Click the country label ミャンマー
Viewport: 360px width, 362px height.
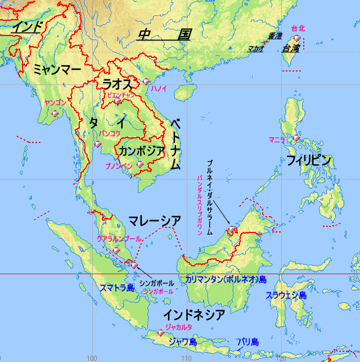click(57, 69)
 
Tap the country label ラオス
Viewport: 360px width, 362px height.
click(117, 84)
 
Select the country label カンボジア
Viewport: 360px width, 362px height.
click(142, 150)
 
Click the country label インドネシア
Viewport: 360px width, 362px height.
click(194, 314)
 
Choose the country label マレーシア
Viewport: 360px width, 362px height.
click(154, 221)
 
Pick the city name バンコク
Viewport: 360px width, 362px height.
click(110, 133)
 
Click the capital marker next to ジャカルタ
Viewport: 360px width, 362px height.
click(161, 332)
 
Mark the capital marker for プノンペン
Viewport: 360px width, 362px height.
click(139, 164)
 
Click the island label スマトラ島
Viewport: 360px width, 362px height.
click(117, 288)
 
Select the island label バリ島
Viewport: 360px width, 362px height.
click(247, 342)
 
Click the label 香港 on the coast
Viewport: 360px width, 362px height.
click(275, 35)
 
